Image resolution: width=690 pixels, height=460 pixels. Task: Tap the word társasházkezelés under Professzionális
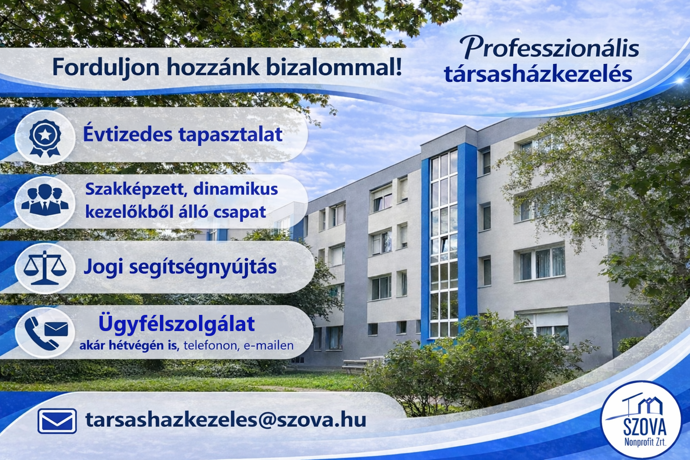coord(538,75)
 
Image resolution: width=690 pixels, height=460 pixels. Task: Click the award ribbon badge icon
coord(45,137)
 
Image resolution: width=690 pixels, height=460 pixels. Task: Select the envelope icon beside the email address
coord(57,421)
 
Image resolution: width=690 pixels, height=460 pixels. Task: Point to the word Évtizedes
coord(128,135)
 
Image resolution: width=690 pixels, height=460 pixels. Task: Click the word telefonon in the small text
coord(211,346)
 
